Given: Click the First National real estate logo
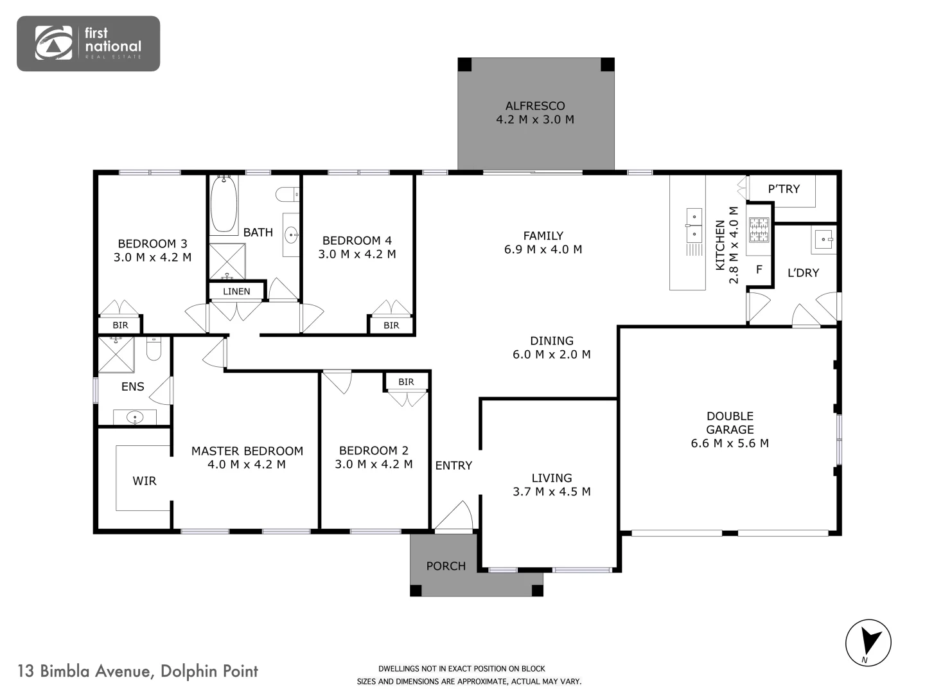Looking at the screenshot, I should [88, 43].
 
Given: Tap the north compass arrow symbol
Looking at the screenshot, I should [868, 642].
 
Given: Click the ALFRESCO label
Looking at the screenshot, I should [534, 106].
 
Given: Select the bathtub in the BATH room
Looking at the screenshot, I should [224, 204].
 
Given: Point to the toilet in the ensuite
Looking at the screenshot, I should [154, 348].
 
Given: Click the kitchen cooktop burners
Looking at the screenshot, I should [759, 231].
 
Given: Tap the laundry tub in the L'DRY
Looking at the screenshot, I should [824, 240].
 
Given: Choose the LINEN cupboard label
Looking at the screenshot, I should [236, 292].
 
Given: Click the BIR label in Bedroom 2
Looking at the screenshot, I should [406, 382].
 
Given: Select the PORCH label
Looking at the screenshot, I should [446, 566].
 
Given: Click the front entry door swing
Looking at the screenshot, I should [455, 517].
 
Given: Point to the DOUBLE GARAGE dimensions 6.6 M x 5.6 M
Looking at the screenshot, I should [730, 443].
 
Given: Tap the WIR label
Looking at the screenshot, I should [144, 481].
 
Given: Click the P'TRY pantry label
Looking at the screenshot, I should [784, 189].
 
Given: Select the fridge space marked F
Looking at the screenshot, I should [759, 270].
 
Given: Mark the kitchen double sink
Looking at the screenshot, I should [694, 225].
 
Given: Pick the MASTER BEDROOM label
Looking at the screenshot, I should [247, 451].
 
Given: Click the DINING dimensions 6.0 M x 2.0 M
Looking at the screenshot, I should [551, 355].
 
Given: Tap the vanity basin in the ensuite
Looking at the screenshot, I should [135, 418].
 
